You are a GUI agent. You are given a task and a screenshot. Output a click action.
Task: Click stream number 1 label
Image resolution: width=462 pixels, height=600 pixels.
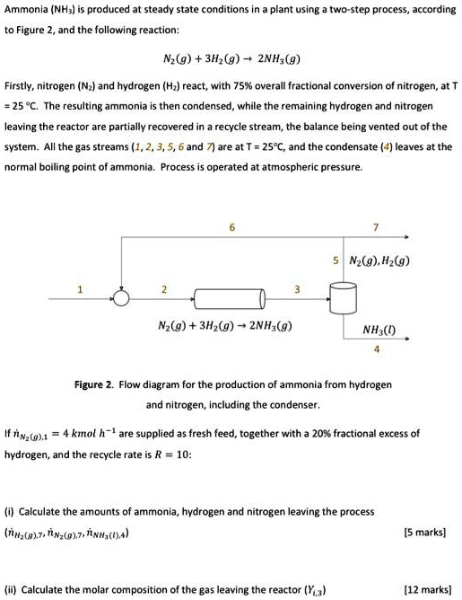coord(79,287)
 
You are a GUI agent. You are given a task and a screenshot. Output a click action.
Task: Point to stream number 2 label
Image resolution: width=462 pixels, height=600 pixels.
coord(163,287)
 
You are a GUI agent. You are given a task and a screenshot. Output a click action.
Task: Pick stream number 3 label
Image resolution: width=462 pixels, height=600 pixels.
coord(297,287)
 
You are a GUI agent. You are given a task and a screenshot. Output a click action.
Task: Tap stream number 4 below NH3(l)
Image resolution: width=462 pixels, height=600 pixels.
coord(378,349)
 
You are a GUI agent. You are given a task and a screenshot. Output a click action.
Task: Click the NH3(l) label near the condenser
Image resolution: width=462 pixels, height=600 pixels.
coord(378,329)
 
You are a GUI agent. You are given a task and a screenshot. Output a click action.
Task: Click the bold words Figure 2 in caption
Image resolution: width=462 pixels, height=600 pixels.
coord(93,384)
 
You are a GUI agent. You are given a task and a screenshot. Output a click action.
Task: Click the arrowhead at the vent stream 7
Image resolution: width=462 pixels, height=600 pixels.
coord(408,236)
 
